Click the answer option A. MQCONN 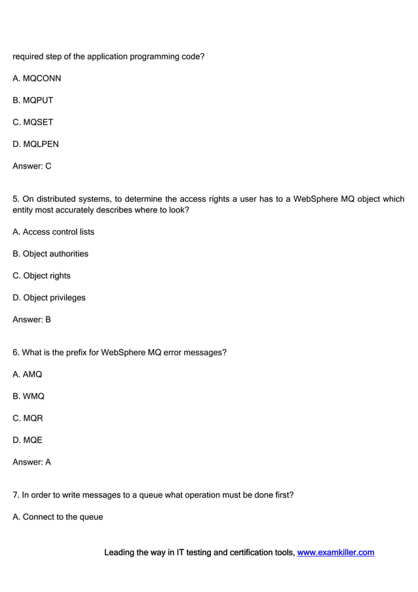[37, 79]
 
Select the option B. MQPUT [33, 100]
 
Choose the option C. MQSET [33, 123]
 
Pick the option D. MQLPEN [35, 144]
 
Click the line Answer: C [31, 167]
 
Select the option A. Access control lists [53, 232]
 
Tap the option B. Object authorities [50, 254]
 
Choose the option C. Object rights [41, 276]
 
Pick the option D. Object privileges [48, 298]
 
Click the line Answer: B [31, 320]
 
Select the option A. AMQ [27, 374]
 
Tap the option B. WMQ [28, 397]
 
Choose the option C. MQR [28, 418]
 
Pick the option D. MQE [27, 441]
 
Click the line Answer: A [31, 462]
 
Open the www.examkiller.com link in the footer [335, 553]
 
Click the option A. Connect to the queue [58, 517]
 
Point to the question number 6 [16, 353]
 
